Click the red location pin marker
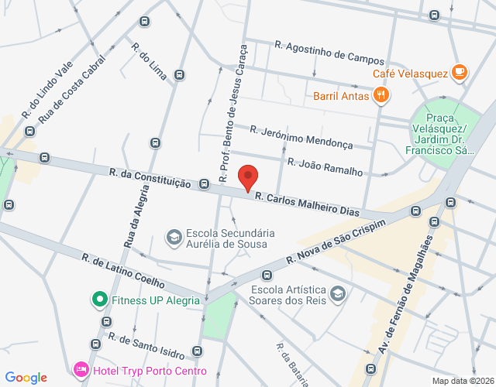coord(248,177)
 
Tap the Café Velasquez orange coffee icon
coord(460,73)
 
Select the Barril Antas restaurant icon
coord(381,96)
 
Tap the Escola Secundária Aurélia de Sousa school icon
coord(174,235)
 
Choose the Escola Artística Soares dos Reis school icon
coord(337,293)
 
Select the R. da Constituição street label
coord(150,179)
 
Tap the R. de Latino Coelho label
coord(123,269)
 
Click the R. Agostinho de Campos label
coord(329,53)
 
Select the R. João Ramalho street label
coord(325,166)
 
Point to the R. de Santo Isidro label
coord(146,347)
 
